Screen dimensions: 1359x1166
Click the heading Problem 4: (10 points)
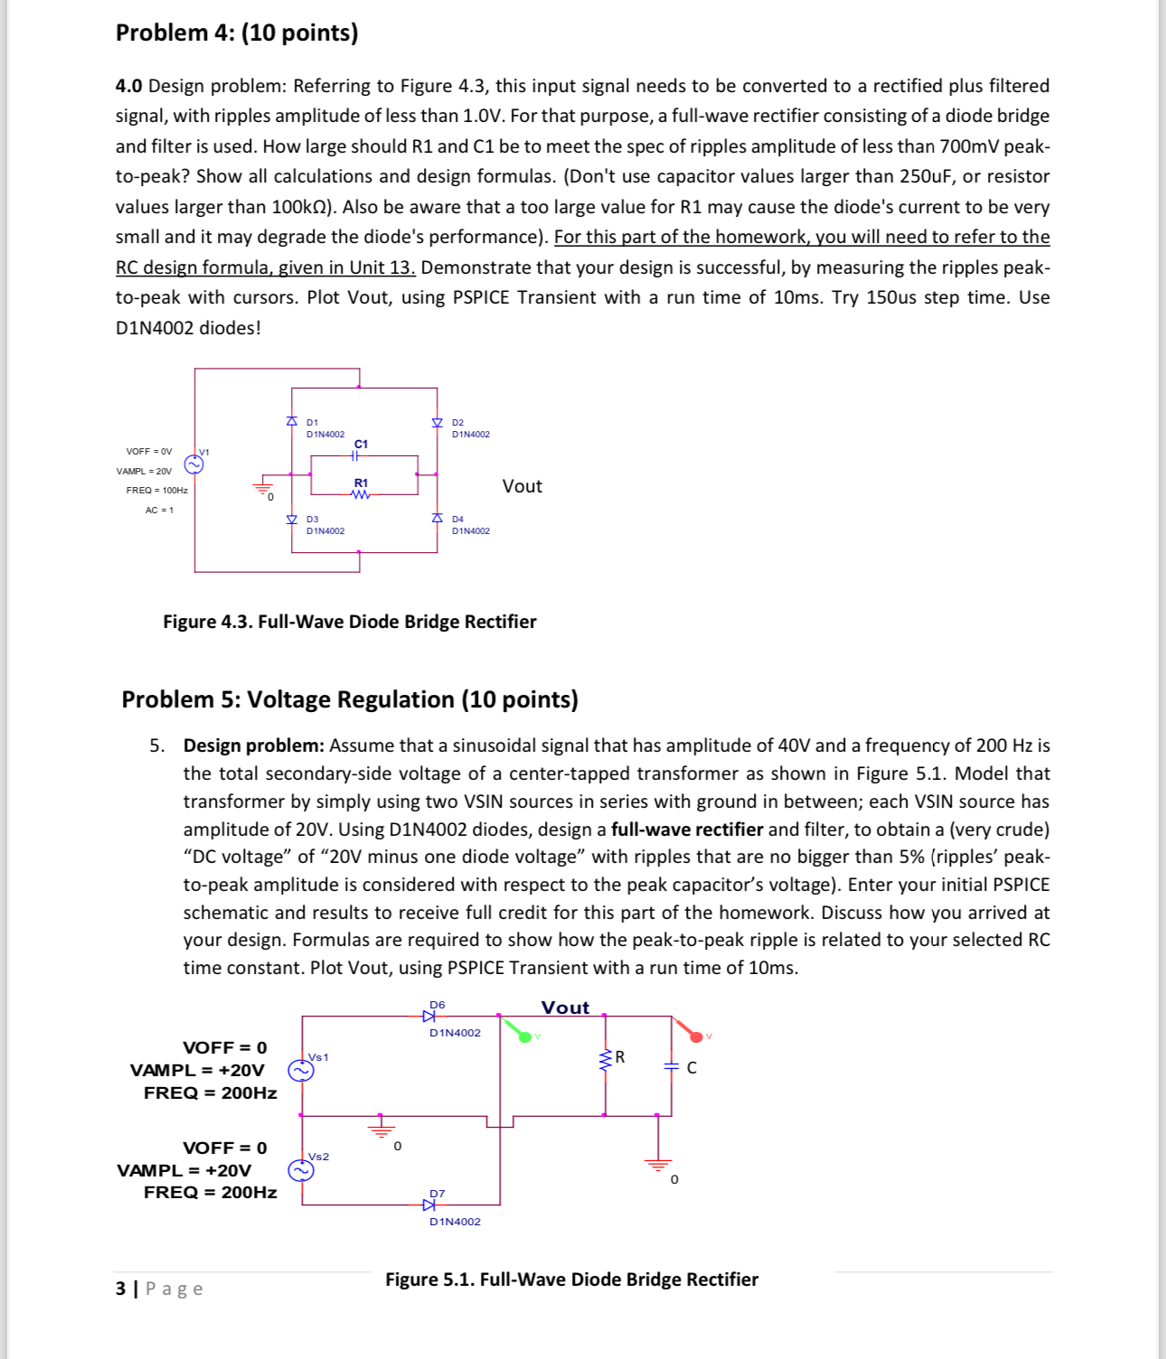tap(237, 33)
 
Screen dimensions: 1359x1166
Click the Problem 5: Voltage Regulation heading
tap(350, 699)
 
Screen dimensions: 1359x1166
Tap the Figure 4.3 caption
tap(349, 622)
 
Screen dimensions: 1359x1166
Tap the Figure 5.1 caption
tap(571, 1279)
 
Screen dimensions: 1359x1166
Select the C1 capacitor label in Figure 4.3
tap(362, 444)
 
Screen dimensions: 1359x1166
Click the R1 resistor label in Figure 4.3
tap(361, 483)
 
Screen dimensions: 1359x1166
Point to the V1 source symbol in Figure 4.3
tap(193, 464)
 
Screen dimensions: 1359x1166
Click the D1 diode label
tap(312, 422)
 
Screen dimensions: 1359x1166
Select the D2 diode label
tap(457, 422)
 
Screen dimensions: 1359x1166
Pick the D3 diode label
tap(312, 520)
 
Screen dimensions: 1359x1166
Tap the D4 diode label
tap(457, 520)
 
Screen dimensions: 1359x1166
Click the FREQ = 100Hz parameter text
tap(156, 491)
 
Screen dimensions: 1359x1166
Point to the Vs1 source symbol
tap(300, 1071)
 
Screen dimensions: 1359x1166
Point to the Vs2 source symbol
tap(300, 1171)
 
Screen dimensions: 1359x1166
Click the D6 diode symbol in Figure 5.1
tap(429, 1017)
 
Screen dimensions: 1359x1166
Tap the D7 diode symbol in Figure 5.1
tap(429, 1204)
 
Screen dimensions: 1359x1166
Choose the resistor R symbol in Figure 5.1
tap(606, 1059)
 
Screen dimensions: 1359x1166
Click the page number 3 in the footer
tap(120, 1289)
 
